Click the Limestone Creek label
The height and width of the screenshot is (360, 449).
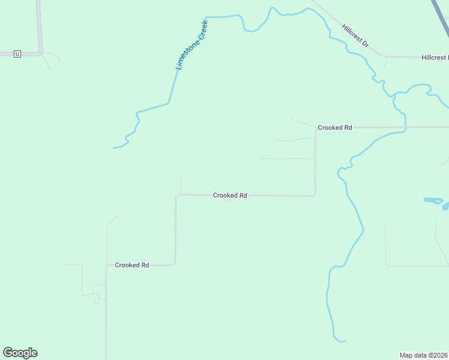(x=191, y=45)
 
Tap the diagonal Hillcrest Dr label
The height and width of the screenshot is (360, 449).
(x=355, y=37)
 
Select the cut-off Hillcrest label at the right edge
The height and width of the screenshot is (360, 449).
(x=435, y=58)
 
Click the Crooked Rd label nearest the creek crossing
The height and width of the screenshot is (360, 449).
(x=334, y=128)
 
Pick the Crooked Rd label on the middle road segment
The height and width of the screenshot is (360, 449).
(x=230, y=196)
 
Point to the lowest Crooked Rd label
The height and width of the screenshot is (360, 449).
(x=131, y=265)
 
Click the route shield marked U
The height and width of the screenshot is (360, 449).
(x=17, y=54)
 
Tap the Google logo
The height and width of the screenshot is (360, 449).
(x=20, y=353)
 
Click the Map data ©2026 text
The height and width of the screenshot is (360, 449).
(x=424, y=355)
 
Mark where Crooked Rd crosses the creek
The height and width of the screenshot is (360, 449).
(x=405, y=127)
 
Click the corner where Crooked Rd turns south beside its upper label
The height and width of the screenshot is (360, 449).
(x=315, y=127)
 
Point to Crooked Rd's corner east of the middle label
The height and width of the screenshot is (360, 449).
(x=315, y=195)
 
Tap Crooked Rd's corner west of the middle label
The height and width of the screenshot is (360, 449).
(x=176, y=195)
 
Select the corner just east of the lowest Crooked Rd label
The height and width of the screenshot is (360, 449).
(x=175, y=264)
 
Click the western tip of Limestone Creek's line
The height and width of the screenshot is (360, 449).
(x=113, y=148)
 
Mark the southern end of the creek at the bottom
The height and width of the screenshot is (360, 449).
(x=346, y=341)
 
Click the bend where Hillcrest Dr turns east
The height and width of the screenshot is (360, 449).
(x=384, y=56)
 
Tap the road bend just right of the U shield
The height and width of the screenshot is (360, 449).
(x=41, y=53)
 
